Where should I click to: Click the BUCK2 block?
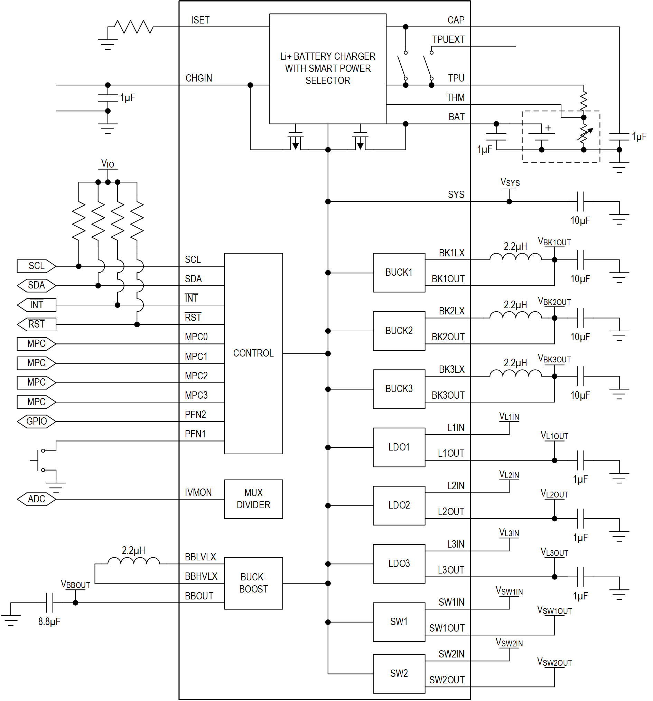pos(399,331)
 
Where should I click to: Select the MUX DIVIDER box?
pos(253,499)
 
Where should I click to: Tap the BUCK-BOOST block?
pos(253,583)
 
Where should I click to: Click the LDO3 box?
pos(399,563)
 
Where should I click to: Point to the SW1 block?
pos(399,622)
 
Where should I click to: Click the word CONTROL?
pos(253,353)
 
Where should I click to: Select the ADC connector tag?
pos(36,499)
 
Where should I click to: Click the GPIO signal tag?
pos(36,421)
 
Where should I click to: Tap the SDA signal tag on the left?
pos(36,285)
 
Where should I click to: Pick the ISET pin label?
pos(200,20)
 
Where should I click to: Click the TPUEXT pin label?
pos(448,39)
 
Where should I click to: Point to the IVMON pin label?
pos(198,492)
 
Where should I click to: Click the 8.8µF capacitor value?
pos(49,621)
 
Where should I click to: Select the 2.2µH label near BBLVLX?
pos(133,550)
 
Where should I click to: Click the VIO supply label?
pos(108,164)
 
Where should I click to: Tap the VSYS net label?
pos(510,182)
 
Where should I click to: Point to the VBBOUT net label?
pos(75,584)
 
